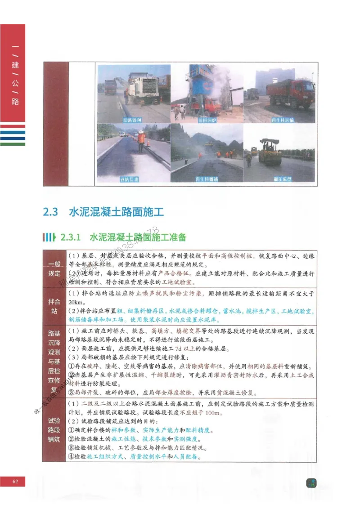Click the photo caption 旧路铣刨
tap(133, 121)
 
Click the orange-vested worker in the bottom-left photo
tap(141, 141)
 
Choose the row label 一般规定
tap(54, 268)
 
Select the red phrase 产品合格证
tap(180, 273)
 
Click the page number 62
tap(15, 482)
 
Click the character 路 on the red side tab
tap(15, 102)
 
